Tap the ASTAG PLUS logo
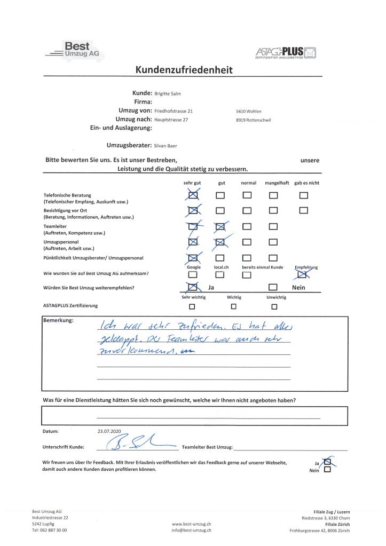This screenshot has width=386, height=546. [x=286, y=53]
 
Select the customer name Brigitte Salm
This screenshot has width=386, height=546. [x=168, y=93]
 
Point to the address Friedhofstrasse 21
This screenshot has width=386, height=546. [x=174, y=111]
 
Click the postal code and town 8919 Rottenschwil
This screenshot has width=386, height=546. [x=254, y=120]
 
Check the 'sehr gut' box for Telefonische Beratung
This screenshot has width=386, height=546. [x=193, y=196]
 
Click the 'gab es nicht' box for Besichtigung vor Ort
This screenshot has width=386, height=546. [x=304, y=210]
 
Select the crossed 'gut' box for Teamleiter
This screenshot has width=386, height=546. [x=220, y=227]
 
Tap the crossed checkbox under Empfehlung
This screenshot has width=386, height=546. [x=303, y=274]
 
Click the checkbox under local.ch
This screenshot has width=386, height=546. [x=219, y=275]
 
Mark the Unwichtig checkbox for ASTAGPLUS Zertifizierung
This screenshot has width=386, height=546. [x=274, y=307]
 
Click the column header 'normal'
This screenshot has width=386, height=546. [x=248, y=183]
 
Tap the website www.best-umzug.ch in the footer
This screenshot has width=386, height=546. [x=191, y=525]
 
